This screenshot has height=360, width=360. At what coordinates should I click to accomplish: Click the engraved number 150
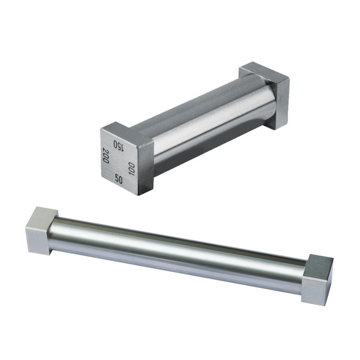point(119,146)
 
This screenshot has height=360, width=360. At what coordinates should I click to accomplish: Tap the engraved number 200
point(106,155)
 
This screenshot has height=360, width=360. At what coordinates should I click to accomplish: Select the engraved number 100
point(131,169)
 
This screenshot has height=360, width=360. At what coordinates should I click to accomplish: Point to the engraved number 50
point(118,179)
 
